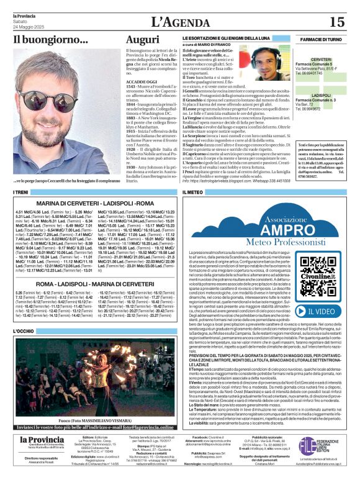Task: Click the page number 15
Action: (x=336, y=22)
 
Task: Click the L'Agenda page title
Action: (x=179, y=22)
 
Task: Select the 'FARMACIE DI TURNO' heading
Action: (x=321, y=40)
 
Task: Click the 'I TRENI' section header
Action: (x=21, y=193)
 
